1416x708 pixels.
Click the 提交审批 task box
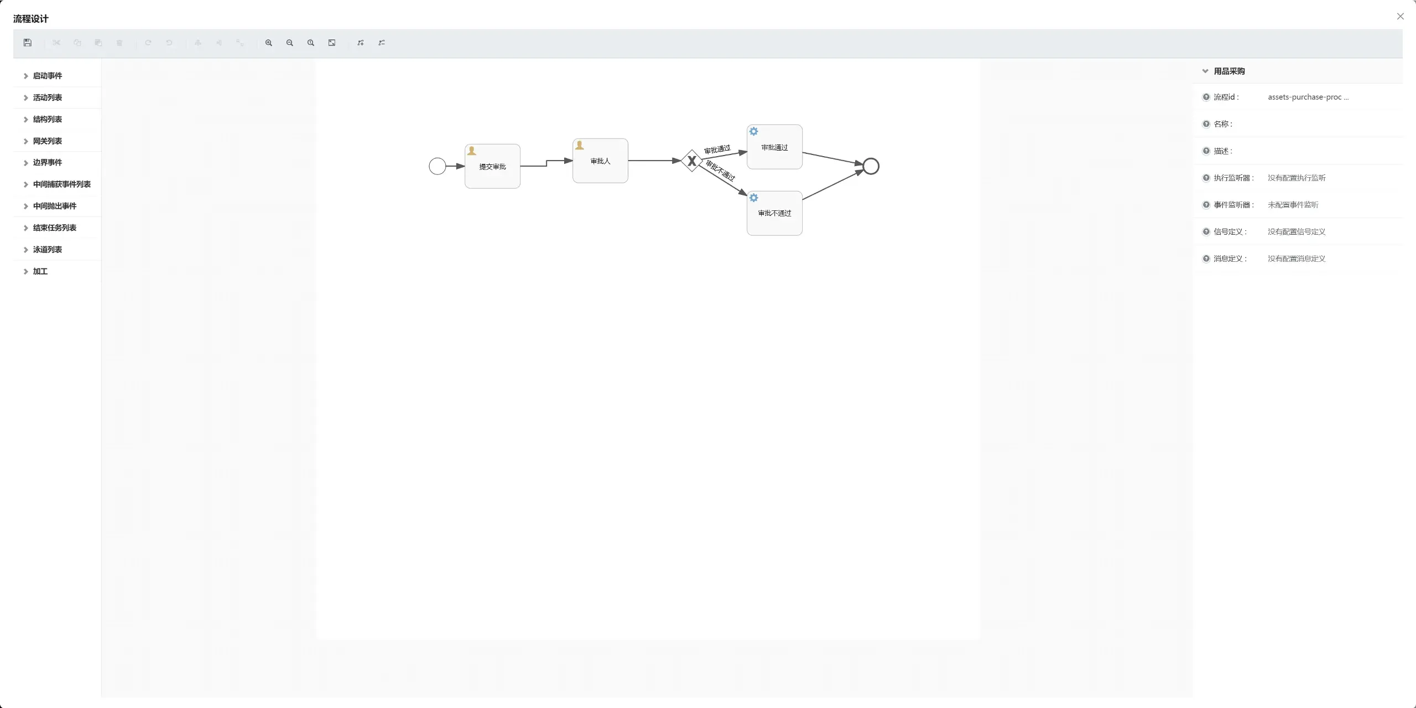pyautogui.click(x=492, y=166)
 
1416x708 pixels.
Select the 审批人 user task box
pyautogui.click(x=600, y=161)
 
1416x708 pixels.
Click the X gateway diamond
pyautogui.click(x=691, y=161)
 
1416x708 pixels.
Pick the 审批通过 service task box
pyautogui.click(x=774, y=147)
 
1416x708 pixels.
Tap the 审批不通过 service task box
pyautogui.click(x=774, y=213)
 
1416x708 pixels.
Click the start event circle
pyautogui.click(x=438, y=166)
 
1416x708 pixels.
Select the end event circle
pyautogui.click(x=871, y=166)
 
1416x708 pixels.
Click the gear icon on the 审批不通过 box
pyautogui.click(x=754, y=198)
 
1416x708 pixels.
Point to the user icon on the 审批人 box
pyautogui.click(x=580, y=145)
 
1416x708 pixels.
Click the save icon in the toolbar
pyautogui.click(x=28, y=43)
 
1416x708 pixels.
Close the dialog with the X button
pyautogui.click(x=1401, y=17)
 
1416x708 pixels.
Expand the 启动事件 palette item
pyautogui.click(x=48, y=76)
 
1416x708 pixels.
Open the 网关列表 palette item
pyautogui.click(x=48, y=141)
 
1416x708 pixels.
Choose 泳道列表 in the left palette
pyautogui.click(x=48, y=250)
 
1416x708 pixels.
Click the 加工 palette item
pyautogui.click(x=40, y=271)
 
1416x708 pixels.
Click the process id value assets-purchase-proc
pyautogui.click(x=1308, y=97)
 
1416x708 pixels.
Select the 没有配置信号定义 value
pyautogui.click(x=1297, y=231)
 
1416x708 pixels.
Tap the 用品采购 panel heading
pyautogui.click(x=1229, y=71)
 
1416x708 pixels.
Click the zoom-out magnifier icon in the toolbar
pyautogui.click(x=290, y=43)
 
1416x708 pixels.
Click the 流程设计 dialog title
pyautogui.click(x=31, y=19)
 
